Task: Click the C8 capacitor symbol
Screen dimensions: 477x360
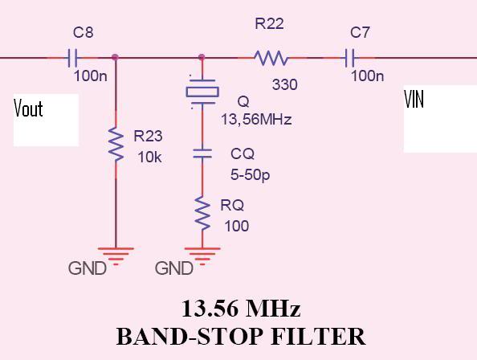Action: pyautogui.click(x=72, y=58)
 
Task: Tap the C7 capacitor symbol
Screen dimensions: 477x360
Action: pyautogui.click(x=349, y=58)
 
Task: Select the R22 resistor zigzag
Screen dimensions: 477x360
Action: pyautogui.click(x=271, y=58)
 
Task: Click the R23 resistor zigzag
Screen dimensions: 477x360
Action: pyautogui.click(x=116, y=144)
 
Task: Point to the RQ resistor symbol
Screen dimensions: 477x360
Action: pyautogui.click(x=202, y=213)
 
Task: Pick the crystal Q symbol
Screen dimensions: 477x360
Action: pyautogui.click(x=202, y=92)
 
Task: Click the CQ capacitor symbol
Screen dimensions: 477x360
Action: pyautogui.click(x=202, y=153)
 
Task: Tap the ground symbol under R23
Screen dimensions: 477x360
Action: pyautogui.click(x=116, y=256)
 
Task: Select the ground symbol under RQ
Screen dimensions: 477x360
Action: pyautogui.click(x=202, y=256)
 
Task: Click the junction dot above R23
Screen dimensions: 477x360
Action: pyautogui.click(x=115, y=57)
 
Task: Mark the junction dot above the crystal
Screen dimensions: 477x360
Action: pyautogui.click(x=202, y=57)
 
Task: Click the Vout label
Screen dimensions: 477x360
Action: pyautogui.click(x=28, y=108)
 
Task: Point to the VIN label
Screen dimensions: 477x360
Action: pyautogui.click(x=414, y=99)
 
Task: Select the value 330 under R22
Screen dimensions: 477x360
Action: pyautogui.click(x=285, y=84)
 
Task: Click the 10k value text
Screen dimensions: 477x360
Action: pyautogui.click(x=149, y=157)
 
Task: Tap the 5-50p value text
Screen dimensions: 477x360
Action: pyautogui.click(x=250, y=175)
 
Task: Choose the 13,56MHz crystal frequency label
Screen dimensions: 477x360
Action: pyautogui.click(x=256, y=119)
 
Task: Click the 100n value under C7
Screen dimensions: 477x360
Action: pyautogui.click(x=367, y=76)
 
